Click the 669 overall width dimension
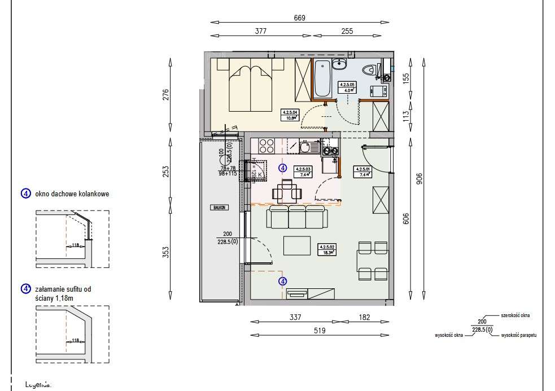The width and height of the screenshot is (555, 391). (x=299, y=18)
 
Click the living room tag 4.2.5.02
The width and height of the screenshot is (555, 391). (x=327, y=250)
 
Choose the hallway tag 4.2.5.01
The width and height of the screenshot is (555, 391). (x=361, y=171)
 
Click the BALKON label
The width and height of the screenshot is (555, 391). (x=220, y=208)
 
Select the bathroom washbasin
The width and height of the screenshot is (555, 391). (x=340, y=63)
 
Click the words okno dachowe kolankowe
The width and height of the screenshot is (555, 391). (x=72, y=194)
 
